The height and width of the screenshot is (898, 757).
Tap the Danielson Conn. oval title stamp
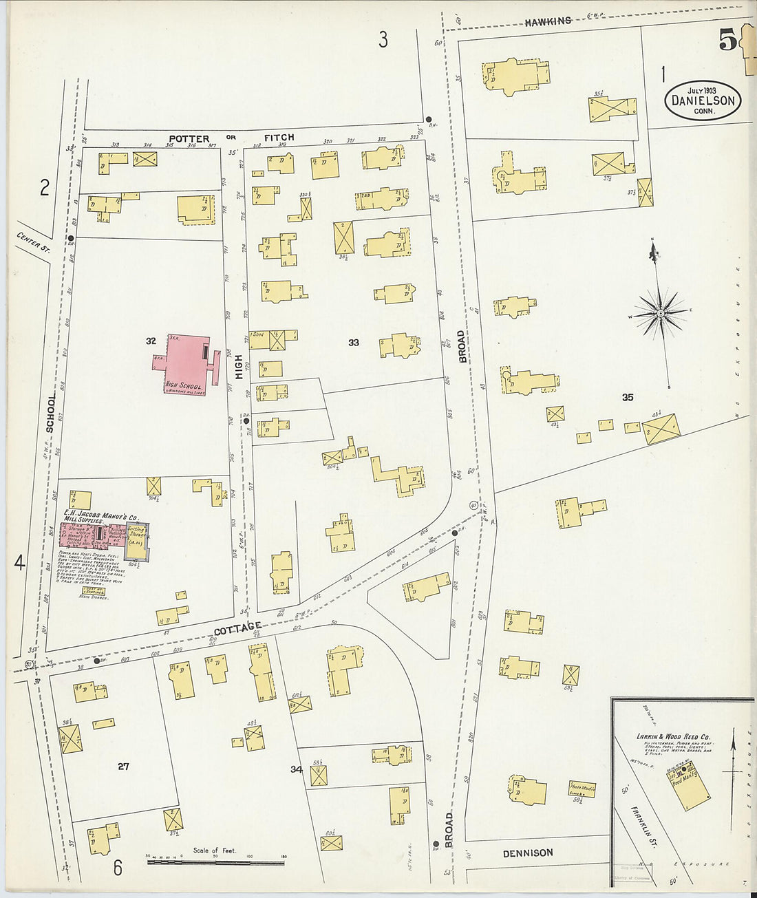(x=703, y=100)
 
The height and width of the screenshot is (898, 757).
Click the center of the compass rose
(x=660, y=314)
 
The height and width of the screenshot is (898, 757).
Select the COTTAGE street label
(x=237, y=627)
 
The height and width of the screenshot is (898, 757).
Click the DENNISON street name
(x=527, y=853)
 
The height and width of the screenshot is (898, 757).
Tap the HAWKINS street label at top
(x=548, y=21)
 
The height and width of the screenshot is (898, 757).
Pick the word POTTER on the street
(x=189, y=138)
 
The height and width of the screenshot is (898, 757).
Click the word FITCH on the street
(x=279, y=138)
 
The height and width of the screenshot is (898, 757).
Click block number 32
(x=151, y=341)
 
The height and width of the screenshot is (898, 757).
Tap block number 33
(x=353, y=342)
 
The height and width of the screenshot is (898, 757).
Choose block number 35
(x=627, y=397)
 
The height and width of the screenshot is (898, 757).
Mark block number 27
(x=123, y=766)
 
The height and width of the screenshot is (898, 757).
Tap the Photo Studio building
(x=582, y=789)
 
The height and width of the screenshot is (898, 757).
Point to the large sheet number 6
(x=118, y=868)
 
